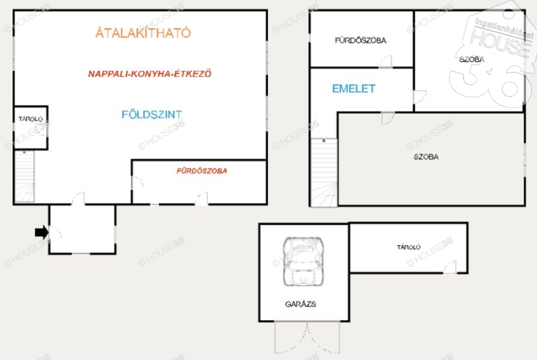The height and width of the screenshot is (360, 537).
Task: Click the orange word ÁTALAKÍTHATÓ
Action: [x=143, y=32]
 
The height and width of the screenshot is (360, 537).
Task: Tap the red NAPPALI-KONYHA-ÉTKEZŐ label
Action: [x=149, y=73]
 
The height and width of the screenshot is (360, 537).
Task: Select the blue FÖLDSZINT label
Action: [x=152, y=114]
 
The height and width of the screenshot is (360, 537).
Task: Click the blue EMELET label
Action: [x=354, y=89]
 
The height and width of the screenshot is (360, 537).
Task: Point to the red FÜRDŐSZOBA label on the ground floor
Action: [x=202, y=171]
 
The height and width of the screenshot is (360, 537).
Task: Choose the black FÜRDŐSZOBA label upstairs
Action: [x=361, y=40]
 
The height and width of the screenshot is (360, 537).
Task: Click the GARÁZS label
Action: [x=300, y=304]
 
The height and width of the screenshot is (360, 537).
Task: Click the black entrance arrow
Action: [x=41, y=232]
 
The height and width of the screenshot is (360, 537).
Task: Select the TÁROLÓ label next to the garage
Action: [x=409, y=247]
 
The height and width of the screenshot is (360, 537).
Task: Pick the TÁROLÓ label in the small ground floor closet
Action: [x=30, y=119]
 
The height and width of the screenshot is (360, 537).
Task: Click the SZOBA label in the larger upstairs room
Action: [x=426, y=157]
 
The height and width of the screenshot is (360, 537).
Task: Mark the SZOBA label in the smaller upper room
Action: [x=471, y=60]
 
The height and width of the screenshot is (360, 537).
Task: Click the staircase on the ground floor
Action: [x=25, y=176]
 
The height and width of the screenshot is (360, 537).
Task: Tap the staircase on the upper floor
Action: [x=324, y=172]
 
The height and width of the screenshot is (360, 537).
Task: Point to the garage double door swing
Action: [x=307, y=337]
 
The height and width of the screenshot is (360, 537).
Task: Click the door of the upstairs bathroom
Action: [x=385, y=61]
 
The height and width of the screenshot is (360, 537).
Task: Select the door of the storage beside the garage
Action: [x=450, y=267]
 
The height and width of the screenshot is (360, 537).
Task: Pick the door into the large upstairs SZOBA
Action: [x=388, y=118]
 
